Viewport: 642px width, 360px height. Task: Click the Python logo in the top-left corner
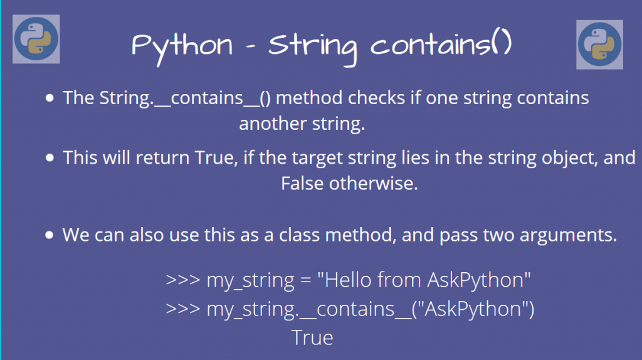[36, 39]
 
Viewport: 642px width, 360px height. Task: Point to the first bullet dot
[50, 98]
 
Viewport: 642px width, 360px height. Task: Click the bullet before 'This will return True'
[50, 157]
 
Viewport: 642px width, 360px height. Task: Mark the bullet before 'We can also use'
[50, 236]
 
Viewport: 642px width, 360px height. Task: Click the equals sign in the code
[306, 280]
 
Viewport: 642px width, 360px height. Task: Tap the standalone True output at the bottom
[312, 338]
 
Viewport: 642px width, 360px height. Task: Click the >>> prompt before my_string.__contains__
[183, 310]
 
